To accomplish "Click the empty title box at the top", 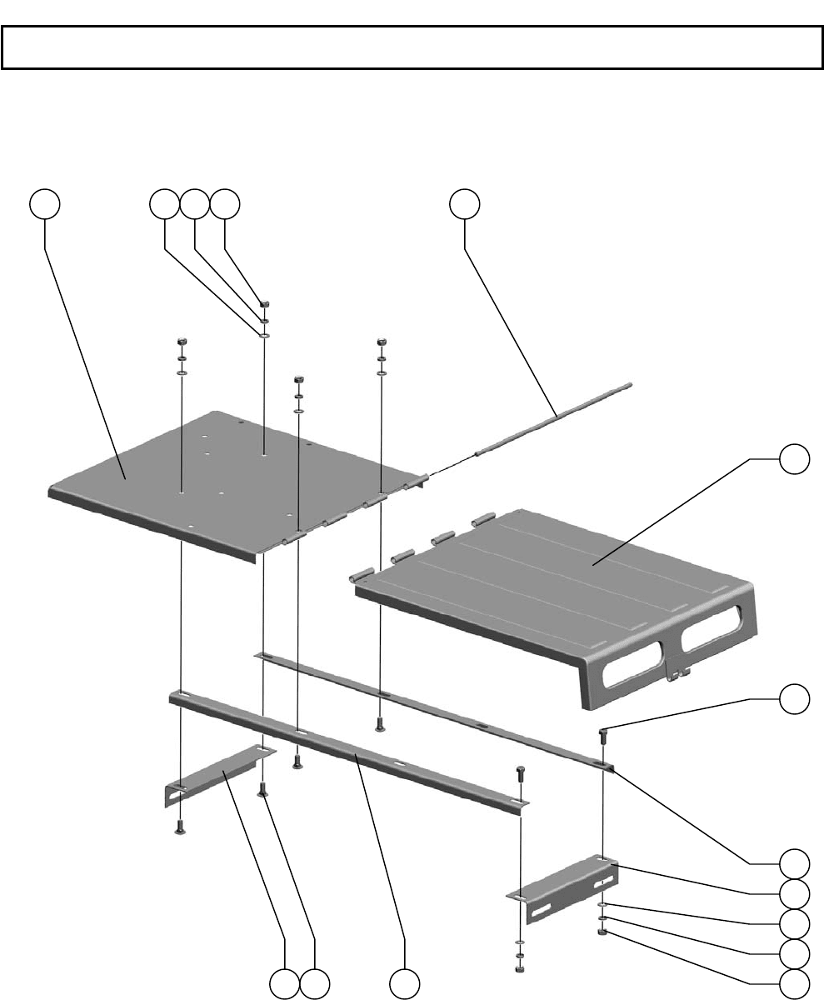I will (412, 47).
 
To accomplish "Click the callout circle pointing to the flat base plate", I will (46, 204).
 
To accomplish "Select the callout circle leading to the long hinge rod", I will (465, 204).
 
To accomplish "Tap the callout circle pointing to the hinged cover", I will (794, 459).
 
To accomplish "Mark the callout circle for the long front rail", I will (405, 983).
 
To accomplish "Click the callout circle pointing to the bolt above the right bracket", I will (794, 699).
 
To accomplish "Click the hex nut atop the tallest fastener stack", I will (264, 305).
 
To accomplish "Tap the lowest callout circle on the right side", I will (794, 983).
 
